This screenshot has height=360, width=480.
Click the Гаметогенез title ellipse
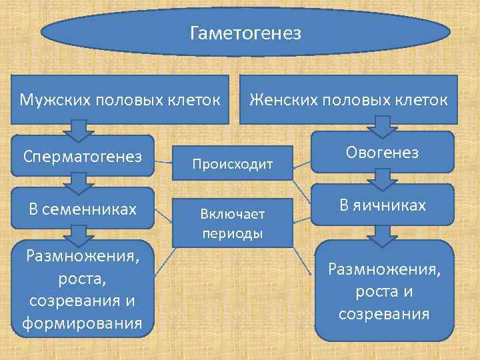pos(245,33)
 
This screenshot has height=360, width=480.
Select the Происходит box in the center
pos(233,163)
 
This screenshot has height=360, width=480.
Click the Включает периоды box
pos(233,223)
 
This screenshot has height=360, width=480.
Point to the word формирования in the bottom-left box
pos(82,324)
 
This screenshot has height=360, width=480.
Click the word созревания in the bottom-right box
pos(383,313)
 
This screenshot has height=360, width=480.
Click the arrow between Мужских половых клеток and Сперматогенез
pos(79,130)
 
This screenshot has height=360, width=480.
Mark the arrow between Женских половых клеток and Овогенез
pos(382,125)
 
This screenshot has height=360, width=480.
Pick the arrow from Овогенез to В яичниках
pos(382,177)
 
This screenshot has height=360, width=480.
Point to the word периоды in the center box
pos(233,234)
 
